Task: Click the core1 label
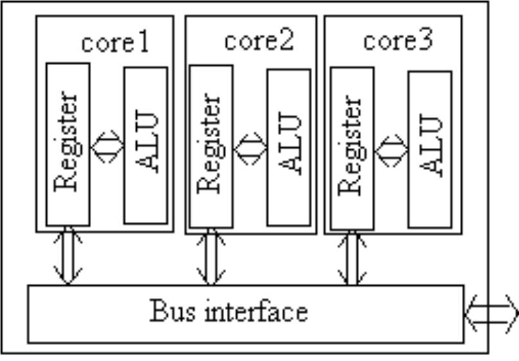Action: pyautogui.click(x=115, y=42)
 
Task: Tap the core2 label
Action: pyautogui.click(x=258, y=41)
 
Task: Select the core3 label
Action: pyautogui.click(x=398, y=41)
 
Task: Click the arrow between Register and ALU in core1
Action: pyautogui.click(x=107, y=146)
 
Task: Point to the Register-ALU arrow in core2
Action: pyautogui.click(x=250, y=148)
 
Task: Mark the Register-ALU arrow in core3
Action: pyautogui.click(x=391, y=150)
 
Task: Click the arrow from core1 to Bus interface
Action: pyautogui.click(x=68, y=255)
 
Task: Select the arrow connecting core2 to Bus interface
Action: pyautogui.click(x=211, y=257)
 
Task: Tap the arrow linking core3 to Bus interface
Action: pyautogui.click(x=352, y=257)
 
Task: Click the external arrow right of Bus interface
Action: pyautogui.click(x=491, y=313)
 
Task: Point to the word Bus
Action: pyautogui.click(x=168, y=311)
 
